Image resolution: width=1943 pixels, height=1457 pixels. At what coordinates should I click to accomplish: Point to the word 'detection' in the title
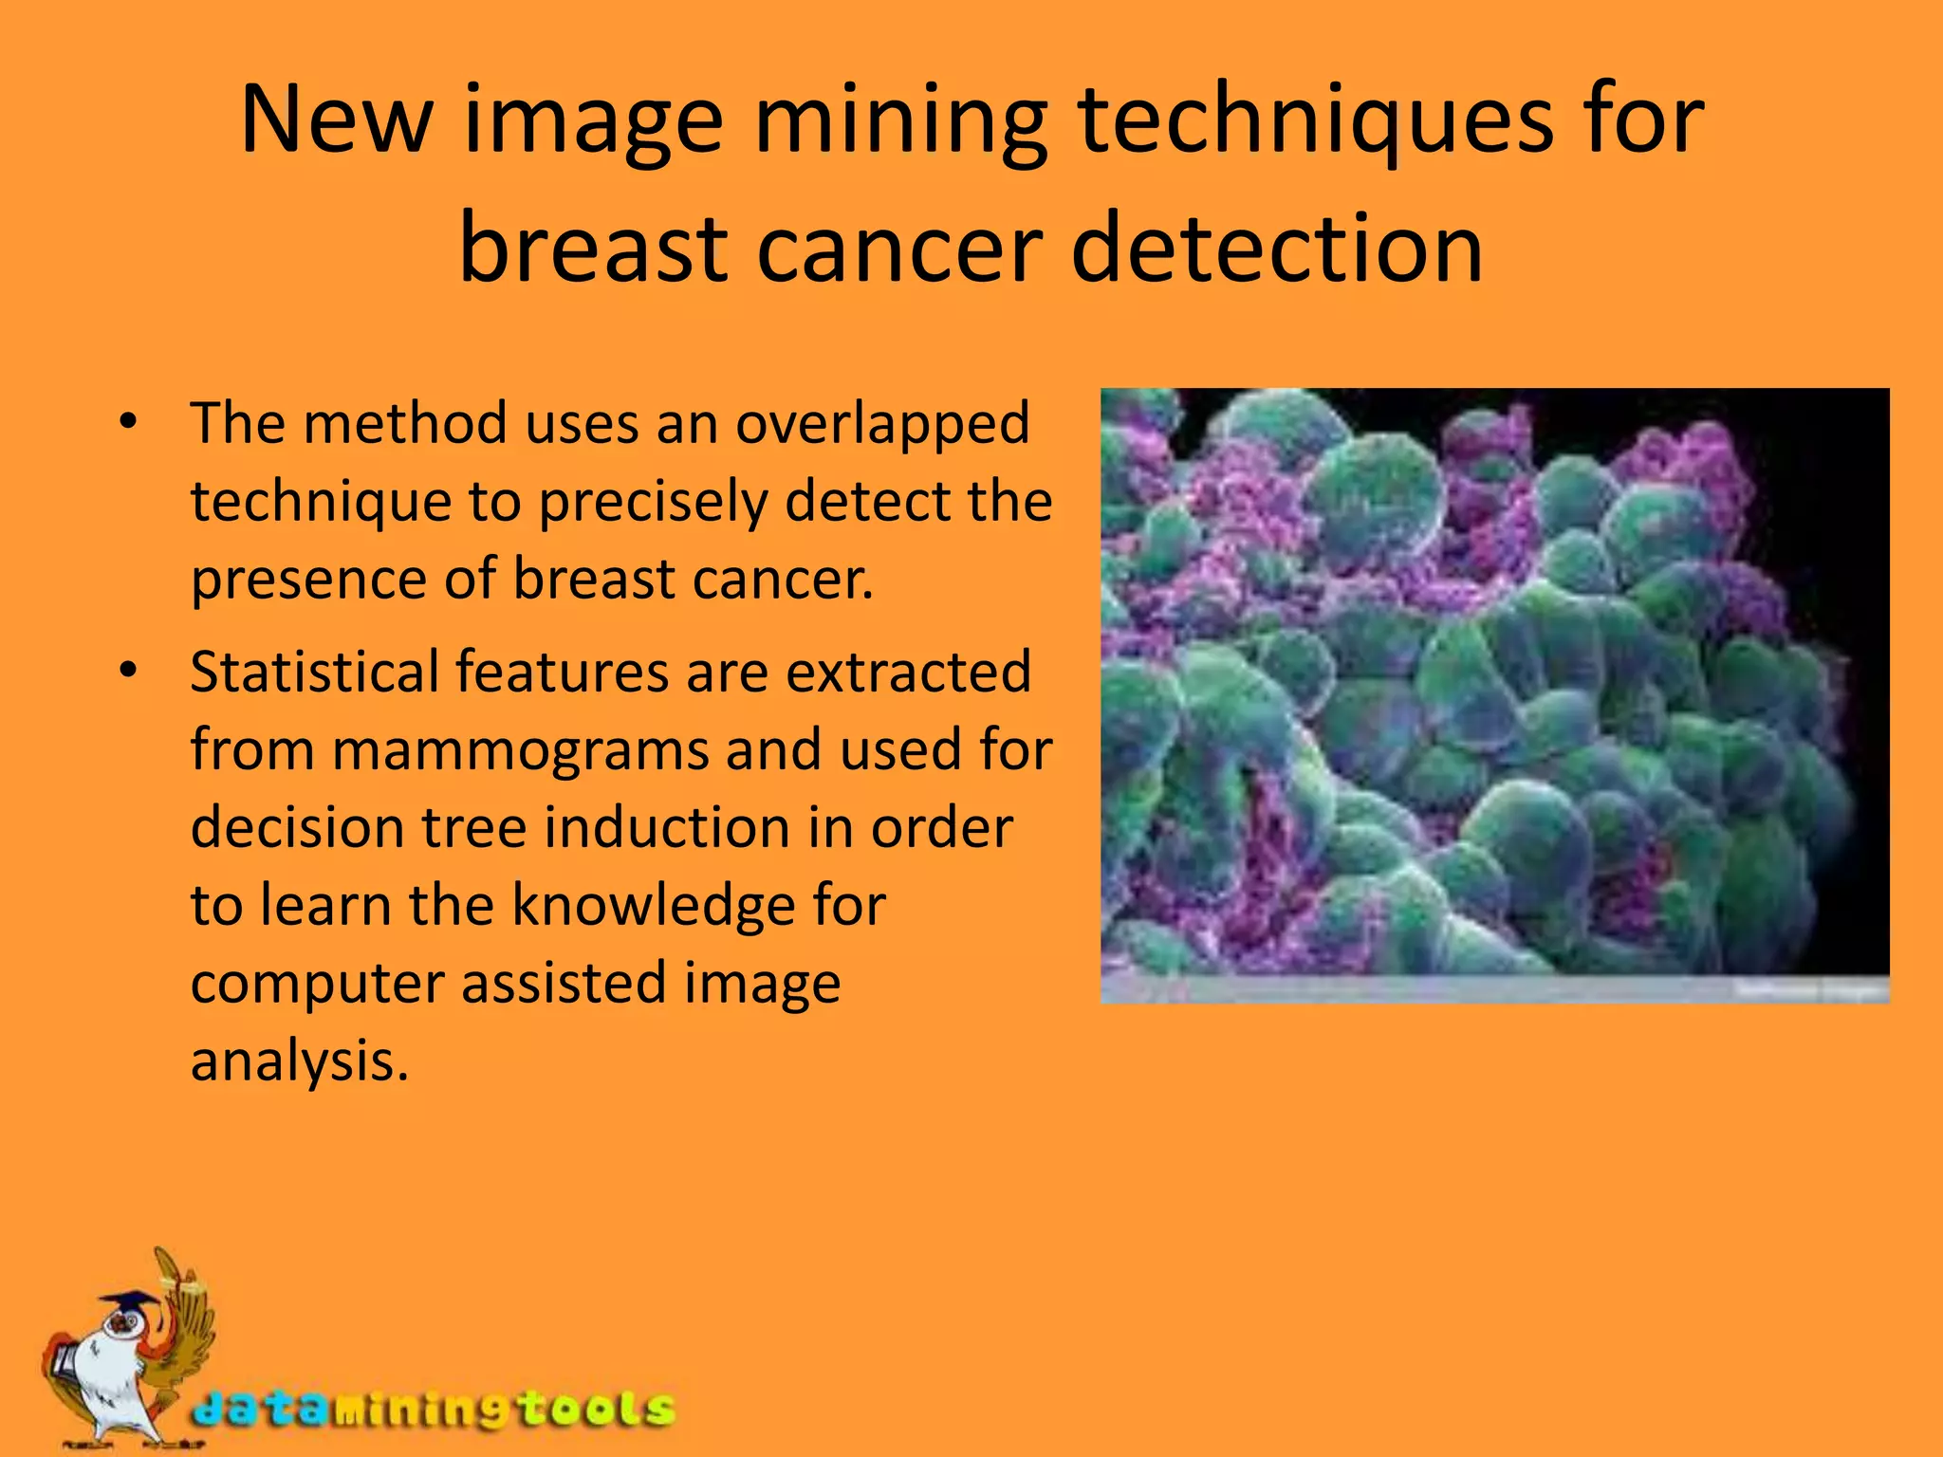tap(1277, 249)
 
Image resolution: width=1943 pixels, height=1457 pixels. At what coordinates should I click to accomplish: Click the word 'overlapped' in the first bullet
tap(882, 424)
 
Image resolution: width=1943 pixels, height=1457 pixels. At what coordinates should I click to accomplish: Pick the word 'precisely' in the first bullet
tap(653, 503)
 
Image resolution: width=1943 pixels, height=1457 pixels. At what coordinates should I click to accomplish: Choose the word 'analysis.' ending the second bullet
tap(300, 1062)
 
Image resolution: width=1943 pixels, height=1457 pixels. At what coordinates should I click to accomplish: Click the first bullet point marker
tap(129, 422)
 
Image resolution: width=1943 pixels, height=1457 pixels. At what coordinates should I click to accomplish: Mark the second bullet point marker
tap(129, 672)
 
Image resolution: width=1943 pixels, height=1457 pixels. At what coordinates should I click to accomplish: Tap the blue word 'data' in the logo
tap(257, 1409)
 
